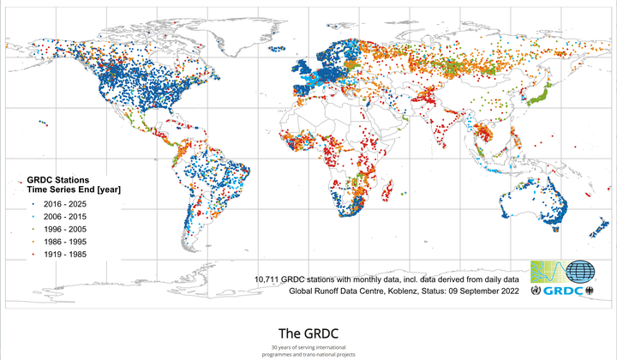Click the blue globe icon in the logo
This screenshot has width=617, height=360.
pos(582,273)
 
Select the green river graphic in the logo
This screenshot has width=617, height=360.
pos(548,273)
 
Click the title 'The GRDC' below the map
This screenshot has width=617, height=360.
pos(308,333)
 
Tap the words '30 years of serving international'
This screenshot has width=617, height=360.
pos(308,346)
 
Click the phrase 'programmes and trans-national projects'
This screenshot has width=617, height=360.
pos(308,354)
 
